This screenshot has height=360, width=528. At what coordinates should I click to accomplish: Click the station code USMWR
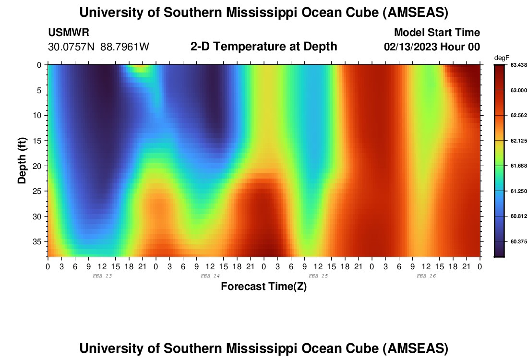point(69,33)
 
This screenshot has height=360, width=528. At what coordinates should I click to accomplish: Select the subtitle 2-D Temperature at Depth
point(264,47)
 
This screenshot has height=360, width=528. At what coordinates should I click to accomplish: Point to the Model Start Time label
point(437,33)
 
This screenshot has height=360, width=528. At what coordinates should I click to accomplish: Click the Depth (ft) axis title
point(22,160)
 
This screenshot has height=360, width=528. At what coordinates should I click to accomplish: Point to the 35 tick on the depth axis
point(39,241)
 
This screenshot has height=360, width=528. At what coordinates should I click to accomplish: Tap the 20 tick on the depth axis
point(39,166)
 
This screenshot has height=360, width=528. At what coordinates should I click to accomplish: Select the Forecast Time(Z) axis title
point(264,287)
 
